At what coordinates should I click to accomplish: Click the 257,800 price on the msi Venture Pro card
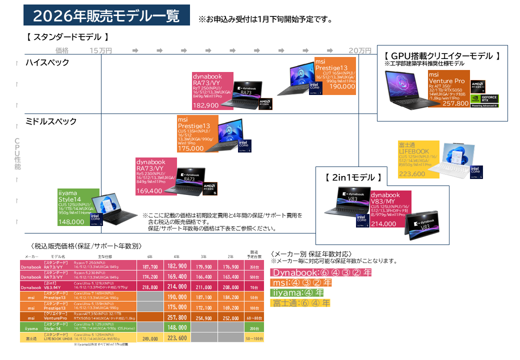coord(455,103)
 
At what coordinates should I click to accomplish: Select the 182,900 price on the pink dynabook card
coord(206,105)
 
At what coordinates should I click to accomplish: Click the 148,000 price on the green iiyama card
coord(71,222)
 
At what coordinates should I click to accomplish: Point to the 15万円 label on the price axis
coord(100,50)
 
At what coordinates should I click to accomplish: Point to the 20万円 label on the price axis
coord(359,50)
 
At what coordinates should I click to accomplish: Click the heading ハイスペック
coord(47,62)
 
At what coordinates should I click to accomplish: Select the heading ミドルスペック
coord(51,121)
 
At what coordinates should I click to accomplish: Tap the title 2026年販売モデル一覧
coord(106,16)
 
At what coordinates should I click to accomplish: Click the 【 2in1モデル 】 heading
coord(353,177)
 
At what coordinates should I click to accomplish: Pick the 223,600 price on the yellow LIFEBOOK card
coord(412,174)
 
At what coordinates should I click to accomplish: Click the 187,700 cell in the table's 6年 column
coord(150,267)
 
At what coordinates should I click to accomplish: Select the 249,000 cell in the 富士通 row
coord(150,338)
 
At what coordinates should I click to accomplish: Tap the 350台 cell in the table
coord(254,267)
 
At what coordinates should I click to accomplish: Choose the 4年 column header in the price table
coord(176,256)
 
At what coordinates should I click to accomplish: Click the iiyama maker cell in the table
coord(31,328)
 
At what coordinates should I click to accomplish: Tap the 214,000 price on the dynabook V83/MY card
coord(383,224)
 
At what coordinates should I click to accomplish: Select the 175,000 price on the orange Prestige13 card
coord(190,148)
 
